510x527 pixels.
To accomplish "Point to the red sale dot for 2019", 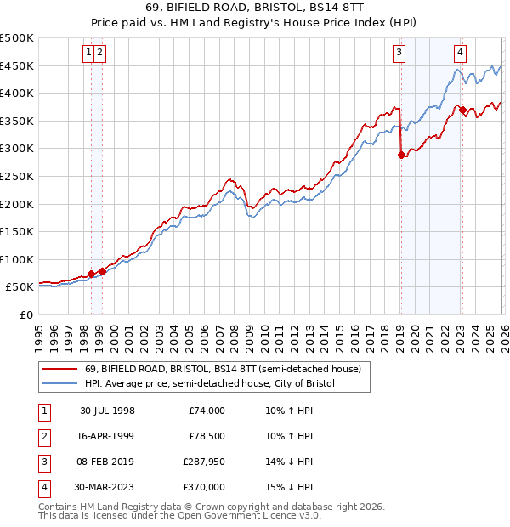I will [x=401, y=155].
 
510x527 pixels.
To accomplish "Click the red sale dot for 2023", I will [x=462, y=110].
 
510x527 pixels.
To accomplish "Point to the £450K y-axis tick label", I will [x=17, y=65].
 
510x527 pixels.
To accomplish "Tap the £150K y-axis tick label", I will [x=17, y=231].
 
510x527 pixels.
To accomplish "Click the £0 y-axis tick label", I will [x=26, y=314].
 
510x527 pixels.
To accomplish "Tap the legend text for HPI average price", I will [x=210, y=383].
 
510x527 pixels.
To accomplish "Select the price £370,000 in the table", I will [x=203, y=488].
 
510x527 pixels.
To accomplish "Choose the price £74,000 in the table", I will [x=206, y=411].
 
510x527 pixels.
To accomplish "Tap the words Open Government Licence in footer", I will [x=247, y=515].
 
